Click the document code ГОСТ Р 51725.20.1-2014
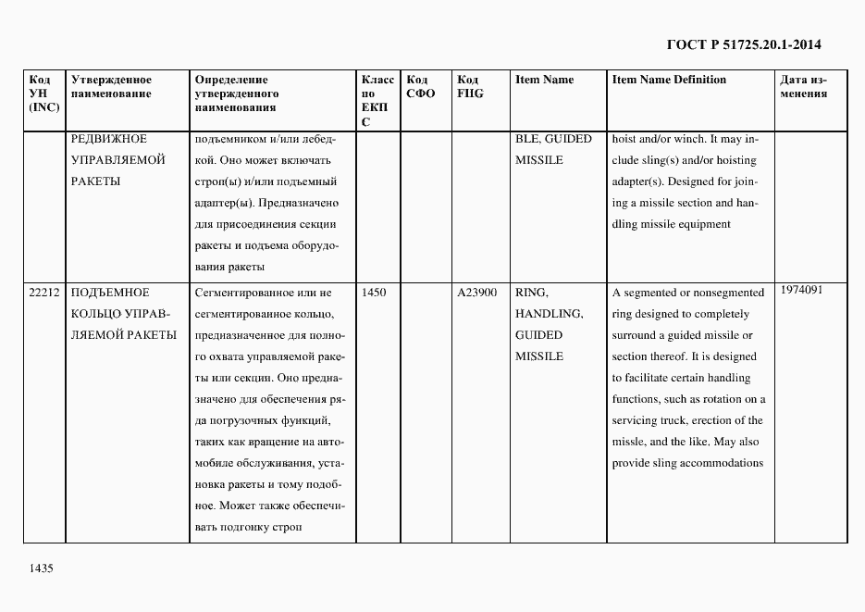[x=744, y=44]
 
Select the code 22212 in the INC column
[x=44, y=293]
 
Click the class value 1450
[x=374, y=293]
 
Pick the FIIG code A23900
[x=477, y=293]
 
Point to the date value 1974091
[x=801, y=290]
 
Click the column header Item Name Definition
[x=669, y=80]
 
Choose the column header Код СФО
[x=421, y=86]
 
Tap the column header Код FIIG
[x=470, y=86]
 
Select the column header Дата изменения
[x=803, y=86]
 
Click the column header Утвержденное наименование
[x=112, y=86]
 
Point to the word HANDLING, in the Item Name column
[x=549, y=314]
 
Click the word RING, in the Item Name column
[x=532, y=293]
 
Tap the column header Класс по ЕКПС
[x=377, y=100]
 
